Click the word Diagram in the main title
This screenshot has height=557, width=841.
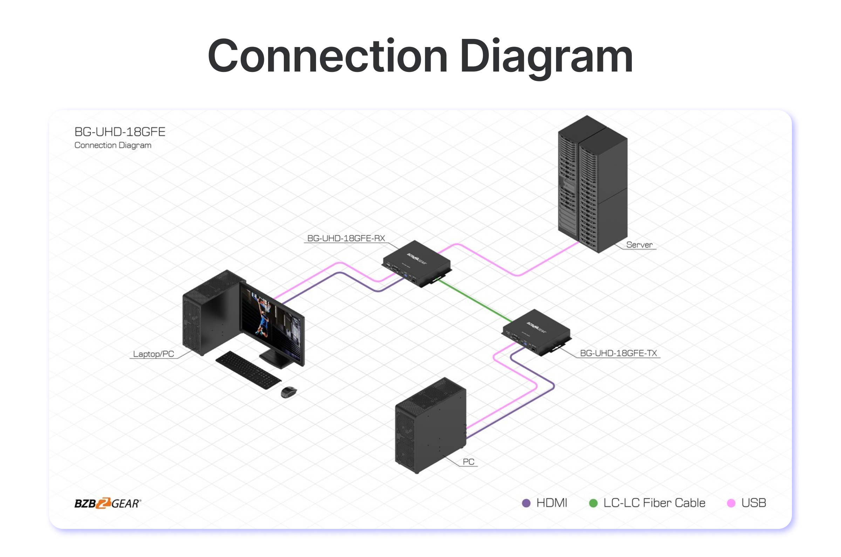tap(546, 57)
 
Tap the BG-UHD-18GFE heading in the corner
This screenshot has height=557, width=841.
tap(120, 132)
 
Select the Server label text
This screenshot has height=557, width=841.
tap(639, 245)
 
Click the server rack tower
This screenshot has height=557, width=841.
tap(593, 185)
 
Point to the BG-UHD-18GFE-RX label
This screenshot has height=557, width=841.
tap(346, 239)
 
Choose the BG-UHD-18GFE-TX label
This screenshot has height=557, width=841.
tap(618, 353)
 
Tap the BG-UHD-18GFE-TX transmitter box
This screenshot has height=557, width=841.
tap(536, 332)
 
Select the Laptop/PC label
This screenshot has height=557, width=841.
tap(153, 354)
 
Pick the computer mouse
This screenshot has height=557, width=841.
tap(289, 392)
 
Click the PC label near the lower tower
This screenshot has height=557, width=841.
tap(469, 462)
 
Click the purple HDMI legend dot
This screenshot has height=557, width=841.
tap(526, 503)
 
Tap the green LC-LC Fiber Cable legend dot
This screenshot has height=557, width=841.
tap(593, 503)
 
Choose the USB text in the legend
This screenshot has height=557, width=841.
tap(754, 503)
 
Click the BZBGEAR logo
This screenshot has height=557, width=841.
tap(108, 503)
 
